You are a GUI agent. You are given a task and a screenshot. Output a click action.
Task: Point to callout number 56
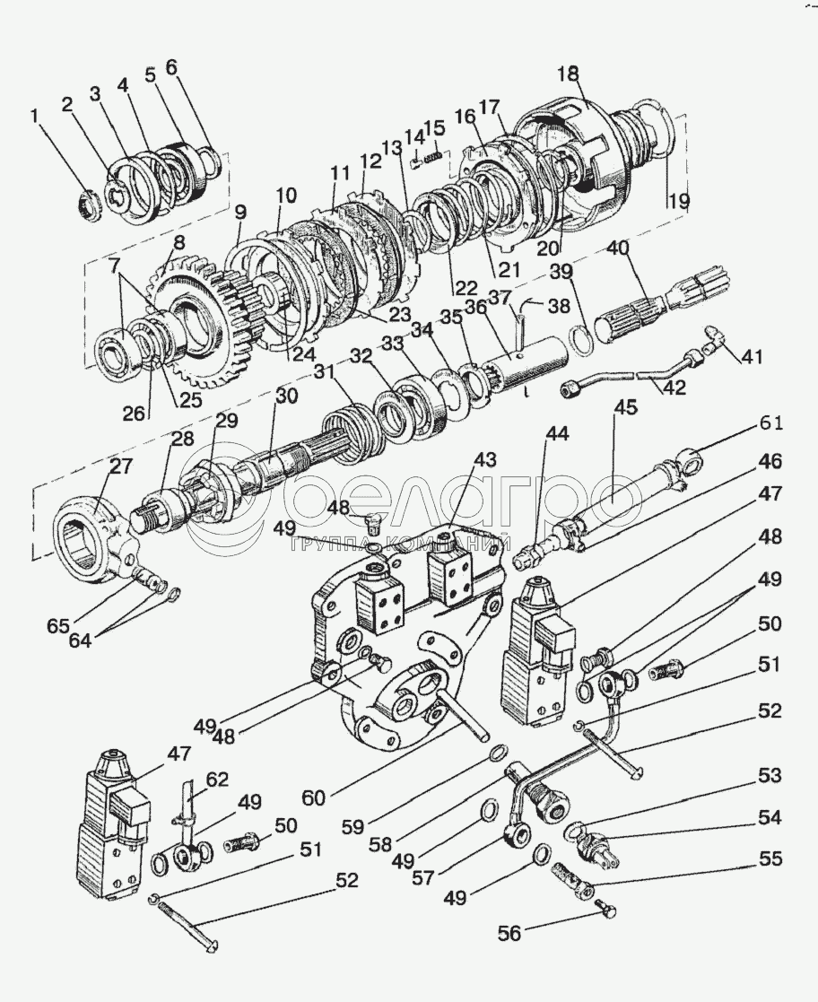[x=510, y=934]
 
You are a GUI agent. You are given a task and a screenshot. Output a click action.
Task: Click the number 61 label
[x=771, y=423]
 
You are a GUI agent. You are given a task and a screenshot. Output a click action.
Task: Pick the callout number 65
[x=57, y=625]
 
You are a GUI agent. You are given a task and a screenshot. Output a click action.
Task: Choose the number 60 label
[x=315, y=797]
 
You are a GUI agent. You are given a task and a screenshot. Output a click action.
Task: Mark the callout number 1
[x=35, y=116]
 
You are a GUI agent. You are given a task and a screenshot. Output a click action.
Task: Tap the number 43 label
[x=484, y=460]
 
